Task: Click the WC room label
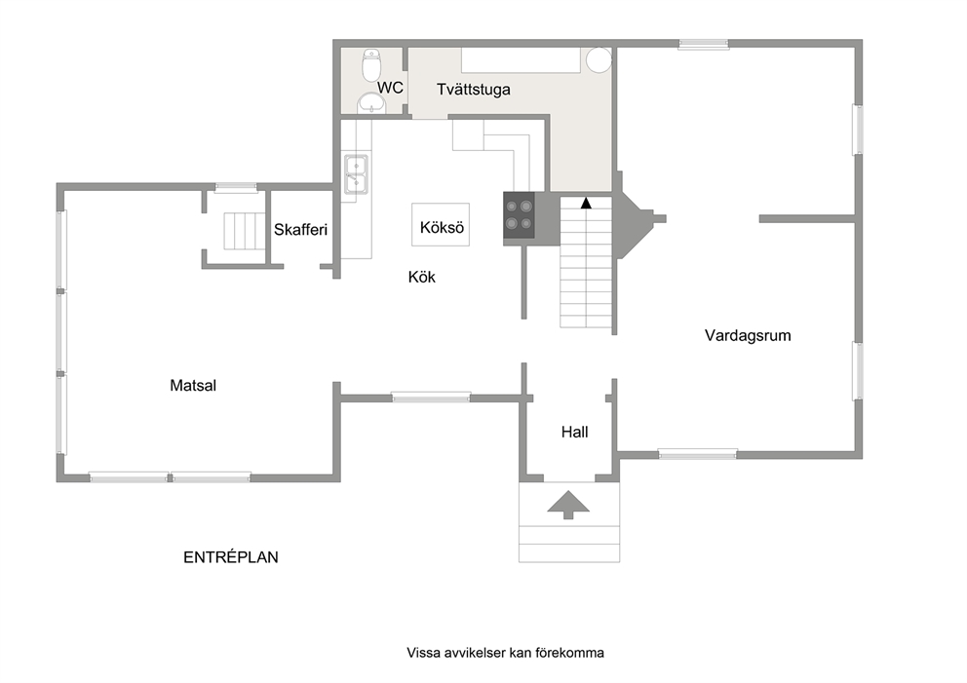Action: click(390, 88)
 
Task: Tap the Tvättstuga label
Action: click(474, 90)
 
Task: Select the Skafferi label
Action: click(300, 230)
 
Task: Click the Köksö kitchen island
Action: click(441, 225)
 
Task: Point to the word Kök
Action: click(422, 277)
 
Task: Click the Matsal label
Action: click(193, 386)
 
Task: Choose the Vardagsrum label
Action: click(748, 336)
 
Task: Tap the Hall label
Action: click(575, 433)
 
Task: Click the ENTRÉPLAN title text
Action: click(231, 557)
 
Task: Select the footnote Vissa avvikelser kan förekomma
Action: click(505, 653)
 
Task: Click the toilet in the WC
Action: click(371, 64)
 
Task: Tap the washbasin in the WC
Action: click(371, 103)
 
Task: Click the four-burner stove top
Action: click(519, 214)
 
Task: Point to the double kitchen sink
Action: click(356, 174)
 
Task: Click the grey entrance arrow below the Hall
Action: click(568, 505)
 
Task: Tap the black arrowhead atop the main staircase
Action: click(586, 203)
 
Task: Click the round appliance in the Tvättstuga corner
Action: click(599, 60)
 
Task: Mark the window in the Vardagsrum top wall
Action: click(704, 44)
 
